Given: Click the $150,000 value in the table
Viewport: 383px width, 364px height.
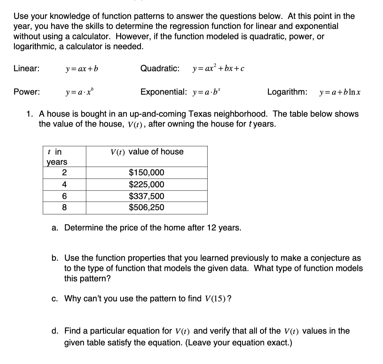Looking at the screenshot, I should click(x=146, y=173).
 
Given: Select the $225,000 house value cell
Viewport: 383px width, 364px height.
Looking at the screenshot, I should click(x=146, y=185).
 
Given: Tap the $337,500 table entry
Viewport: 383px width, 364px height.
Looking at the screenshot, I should click(x=146, y=196).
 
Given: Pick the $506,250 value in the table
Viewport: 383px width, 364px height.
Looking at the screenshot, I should click(x=146, y=207).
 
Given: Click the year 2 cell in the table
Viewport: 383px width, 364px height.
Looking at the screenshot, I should click(x=64, y=173).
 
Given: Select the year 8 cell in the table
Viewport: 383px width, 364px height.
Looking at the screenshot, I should click(x=64, y=207).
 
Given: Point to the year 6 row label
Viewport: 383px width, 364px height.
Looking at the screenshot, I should click(x=64, y=196).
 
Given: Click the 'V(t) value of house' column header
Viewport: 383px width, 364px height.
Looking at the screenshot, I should click(x=147, y=152).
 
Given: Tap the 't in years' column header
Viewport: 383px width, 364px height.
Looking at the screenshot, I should click(x=57, y=157).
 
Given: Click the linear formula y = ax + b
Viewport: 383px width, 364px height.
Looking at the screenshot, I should click(x=82, y=69).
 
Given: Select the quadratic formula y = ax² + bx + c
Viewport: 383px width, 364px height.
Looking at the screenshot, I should click(x=218, y=69).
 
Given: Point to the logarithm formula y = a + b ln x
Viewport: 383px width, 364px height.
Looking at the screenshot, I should click(x=340, y=92).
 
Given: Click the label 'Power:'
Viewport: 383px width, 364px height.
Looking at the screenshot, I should click(x=27, y=92).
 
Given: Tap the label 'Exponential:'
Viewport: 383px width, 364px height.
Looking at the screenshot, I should click(x=164, y=92).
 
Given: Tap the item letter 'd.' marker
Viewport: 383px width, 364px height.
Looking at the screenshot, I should click(x=55, y=331).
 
